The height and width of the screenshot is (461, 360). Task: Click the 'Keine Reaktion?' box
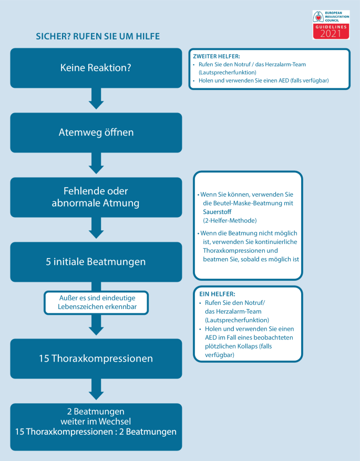(96, 68)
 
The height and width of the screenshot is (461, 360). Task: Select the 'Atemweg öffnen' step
(96, 132)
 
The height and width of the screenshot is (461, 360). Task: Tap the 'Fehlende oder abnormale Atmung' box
(96, 197)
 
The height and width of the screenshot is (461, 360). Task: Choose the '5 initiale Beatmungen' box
(96, 262)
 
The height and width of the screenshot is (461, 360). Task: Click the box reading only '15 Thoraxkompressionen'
(96, 358)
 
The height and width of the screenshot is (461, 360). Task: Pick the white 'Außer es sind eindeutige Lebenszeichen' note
(96, 303)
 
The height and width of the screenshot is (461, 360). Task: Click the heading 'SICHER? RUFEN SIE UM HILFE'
(98, 36)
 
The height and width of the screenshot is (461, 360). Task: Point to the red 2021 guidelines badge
(331, 32)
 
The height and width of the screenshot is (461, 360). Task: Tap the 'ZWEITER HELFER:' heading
(217, 56)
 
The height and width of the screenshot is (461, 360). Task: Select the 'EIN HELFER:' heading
(217, 294)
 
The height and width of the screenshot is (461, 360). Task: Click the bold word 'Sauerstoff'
(217, 212)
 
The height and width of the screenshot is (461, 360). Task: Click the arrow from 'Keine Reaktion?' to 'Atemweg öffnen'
(96, 98)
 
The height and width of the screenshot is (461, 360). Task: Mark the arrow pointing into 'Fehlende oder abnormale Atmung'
(96, 163)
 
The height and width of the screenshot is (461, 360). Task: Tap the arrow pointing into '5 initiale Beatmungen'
(96, 228)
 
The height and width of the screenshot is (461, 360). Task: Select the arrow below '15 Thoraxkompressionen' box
(96, 390)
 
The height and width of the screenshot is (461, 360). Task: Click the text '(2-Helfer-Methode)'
(230, 220)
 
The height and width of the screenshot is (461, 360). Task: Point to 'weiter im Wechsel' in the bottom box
(96, 422)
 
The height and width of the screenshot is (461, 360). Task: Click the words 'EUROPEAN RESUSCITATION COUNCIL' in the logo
(337, 17)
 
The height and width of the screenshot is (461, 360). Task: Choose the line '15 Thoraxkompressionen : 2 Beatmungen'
(96, 432)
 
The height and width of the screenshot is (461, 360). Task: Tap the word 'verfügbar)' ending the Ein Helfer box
(220, 355)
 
